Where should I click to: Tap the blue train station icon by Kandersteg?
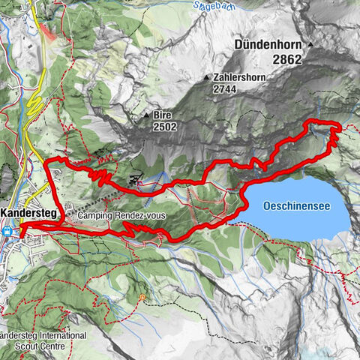click(7, 231)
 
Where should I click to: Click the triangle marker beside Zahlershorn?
click(206, 76)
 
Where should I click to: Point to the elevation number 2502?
click(166, 127)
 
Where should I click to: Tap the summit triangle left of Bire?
click(147, 116)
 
